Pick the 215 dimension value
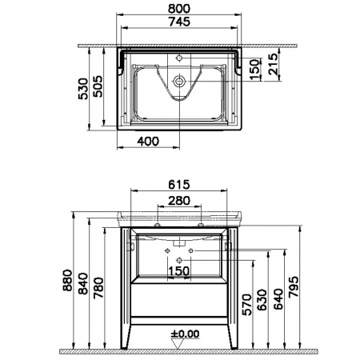pyautogui.click(x=273, y=62)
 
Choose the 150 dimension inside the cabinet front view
pyautogui.click(x=179, y=270)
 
